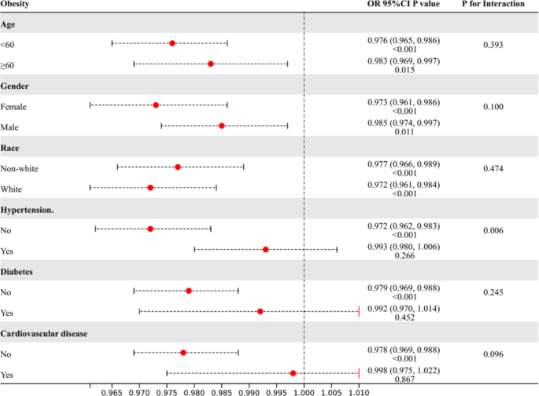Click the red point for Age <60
pyautogui.click(x=172, y=43)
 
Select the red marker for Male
pyautogui.click(x=222, y=126)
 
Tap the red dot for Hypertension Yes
pyautogui.click(x=266, y=249)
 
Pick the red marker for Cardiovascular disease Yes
pyautogui.click(x=293, y=373)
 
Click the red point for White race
pyautogui.click(x=150, y=188)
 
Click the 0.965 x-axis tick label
pyautogui.click(x=113, y=388)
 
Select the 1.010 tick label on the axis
pyautogui.click(x=358, y=388)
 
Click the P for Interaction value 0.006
pyautogui.click(x=493, y=230)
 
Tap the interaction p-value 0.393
pyautogui.click(x=493, y=45)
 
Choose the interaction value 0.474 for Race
pyautogui.click(x=493, y=168)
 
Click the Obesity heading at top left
pyautogui.click(x=17, y=5)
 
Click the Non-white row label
pyautogui.click(x=20, y=167)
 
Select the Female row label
pyautogui.click(x=16, y=105)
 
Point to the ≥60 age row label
pyautogui.click(x=9, y=64)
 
